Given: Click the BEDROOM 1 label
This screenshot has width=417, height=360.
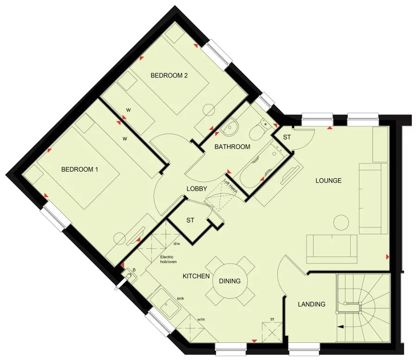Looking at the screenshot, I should click(80, 169).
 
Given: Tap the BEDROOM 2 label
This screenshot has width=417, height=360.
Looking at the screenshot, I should click(169, 76).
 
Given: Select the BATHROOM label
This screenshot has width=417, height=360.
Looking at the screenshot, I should click(232, 147).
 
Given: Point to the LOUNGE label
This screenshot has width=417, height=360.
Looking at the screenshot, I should click(328, 180).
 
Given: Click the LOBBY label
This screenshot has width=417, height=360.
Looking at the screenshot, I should click(197, 189).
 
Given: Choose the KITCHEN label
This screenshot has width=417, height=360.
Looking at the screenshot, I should click(196, 276).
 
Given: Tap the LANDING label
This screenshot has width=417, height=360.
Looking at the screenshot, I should click(311, 304).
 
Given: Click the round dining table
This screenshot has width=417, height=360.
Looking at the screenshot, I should click(230, 281).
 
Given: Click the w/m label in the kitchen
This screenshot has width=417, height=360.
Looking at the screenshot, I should click(201, 319).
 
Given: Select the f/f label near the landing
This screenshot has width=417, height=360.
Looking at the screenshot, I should click(272, 319).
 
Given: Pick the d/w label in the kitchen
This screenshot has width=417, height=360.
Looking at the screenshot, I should click(177, 244).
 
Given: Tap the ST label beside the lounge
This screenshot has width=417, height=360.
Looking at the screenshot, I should click(287, 137).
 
